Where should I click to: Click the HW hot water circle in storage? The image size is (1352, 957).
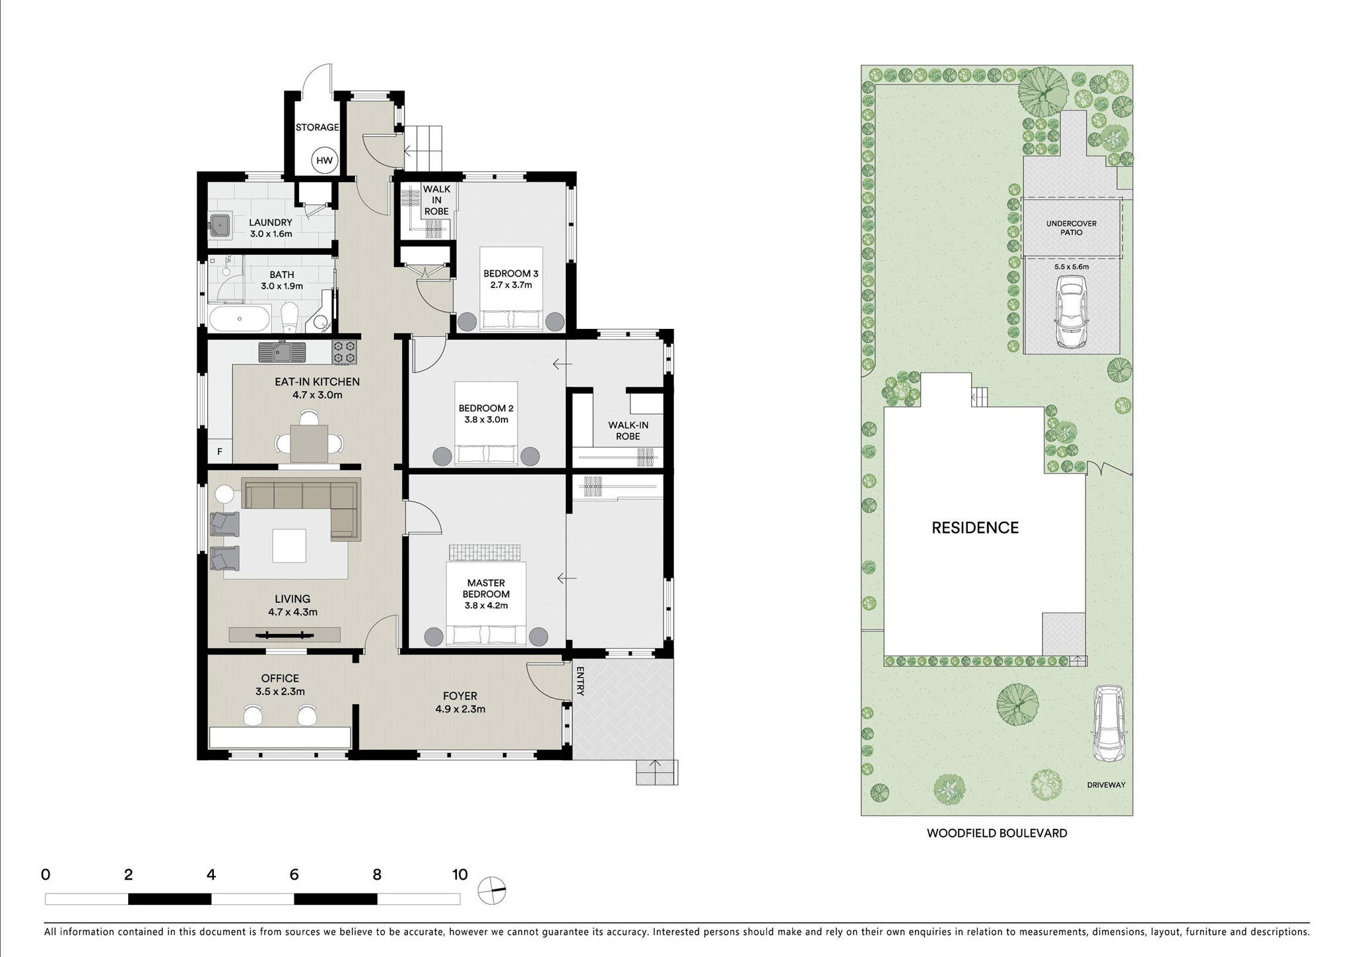pyautogui.click(x=324, y=160)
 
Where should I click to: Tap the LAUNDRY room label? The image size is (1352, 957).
pyautogui.click(x=271, y=223)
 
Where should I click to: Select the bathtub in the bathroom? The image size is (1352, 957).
pyautogui.click(x=240, y=319)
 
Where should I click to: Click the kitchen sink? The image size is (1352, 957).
pyautogui.click(x=282, y=352)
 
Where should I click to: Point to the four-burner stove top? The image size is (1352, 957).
pyautogui.click(x=345, y=352)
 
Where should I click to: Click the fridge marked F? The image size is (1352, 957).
pyautogui.click(x=220, y=452)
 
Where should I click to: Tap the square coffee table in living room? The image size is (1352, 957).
pyautogui.click(x=289, y=546)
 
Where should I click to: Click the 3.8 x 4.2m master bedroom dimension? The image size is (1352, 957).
pyautogui.click(x=486, y=605)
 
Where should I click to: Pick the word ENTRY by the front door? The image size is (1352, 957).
pyautogui.click(x=580, y=681)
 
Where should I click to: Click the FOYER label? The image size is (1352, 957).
pyautogui.click(x=460, y=696)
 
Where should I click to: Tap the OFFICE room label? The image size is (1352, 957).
pyautogui.click(x=280, y=678)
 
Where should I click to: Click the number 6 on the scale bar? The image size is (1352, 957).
pyautogui.click(x=294, y=875)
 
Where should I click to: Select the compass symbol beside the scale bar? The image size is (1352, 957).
pyautogui.click(x=492, y=890)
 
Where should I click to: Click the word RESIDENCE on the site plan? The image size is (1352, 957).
pyautogui.click(x=975, y=528)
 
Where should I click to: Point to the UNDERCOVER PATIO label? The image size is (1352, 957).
pyautogui.click(x=1071, y=228)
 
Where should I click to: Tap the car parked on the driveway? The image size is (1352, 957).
pyautogui.click(x=1108, y=724)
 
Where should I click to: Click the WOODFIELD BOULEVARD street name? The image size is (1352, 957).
pyautogui.click(x=997, y=833)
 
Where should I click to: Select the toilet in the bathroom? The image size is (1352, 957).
pyautogui.click(x=289, y=318)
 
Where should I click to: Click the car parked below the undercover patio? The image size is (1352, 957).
pyautogui.click(x=1071, y=311)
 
